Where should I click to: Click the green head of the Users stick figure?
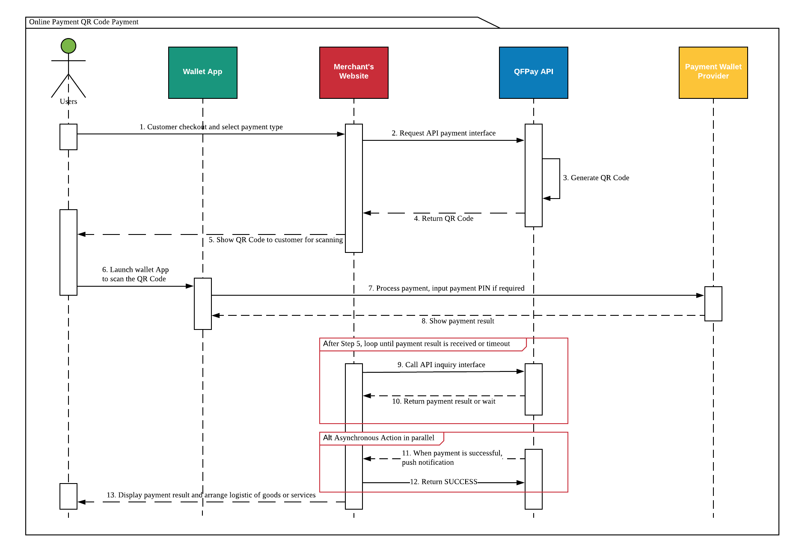pos(68,46)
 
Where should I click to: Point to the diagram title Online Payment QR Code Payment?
pos(84,22)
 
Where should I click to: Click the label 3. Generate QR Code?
pos(596,178)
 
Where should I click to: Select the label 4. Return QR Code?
pos(443,218)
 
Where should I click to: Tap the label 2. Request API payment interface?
pos(443,133)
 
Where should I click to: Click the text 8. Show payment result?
pos(457,321)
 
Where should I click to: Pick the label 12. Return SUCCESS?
pos(443,482)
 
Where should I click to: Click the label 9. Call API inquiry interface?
pos(441,365)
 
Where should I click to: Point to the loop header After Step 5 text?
pos(416,344)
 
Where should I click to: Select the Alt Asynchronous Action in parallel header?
pos(379,438)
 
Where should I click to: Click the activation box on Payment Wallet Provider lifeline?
pos(713,304)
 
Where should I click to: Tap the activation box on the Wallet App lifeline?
pos(202,304)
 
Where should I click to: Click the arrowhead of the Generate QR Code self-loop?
pos(547,199)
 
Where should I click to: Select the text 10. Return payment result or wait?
pos(443,401)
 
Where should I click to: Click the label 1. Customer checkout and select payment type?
pos(211,127)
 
